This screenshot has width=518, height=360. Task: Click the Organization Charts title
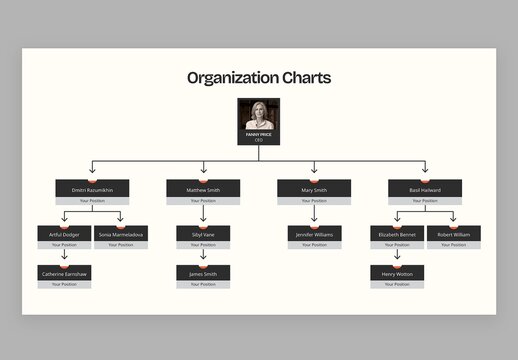(259, 78)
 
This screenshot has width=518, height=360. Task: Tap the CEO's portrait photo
(259, 114)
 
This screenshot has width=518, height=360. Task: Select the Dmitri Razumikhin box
(92, 189)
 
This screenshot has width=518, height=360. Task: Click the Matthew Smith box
(203, 189)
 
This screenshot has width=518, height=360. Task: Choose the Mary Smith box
(314, 189)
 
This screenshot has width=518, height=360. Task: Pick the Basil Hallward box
(424, 189)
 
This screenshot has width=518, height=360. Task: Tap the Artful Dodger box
(64, 234)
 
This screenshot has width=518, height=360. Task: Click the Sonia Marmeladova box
(120, 234)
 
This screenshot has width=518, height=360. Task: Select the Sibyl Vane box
(203, 234)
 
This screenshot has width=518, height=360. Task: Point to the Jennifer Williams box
(314, 234)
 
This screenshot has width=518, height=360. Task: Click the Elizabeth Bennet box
(397, 234)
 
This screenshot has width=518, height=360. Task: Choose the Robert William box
(453, 234)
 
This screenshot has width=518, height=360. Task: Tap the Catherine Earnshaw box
(64, 273)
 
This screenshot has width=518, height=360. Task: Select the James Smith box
(203, 273)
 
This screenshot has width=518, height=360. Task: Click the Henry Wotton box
(397, 273)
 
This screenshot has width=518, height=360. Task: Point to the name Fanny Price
(259, 134)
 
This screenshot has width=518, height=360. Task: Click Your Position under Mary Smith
(314, 201)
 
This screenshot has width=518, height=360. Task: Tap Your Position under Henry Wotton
(397, 284)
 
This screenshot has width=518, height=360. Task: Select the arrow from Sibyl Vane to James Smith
(203, 255)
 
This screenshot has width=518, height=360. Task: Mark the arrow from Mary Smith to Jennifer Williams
(314, 213)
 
